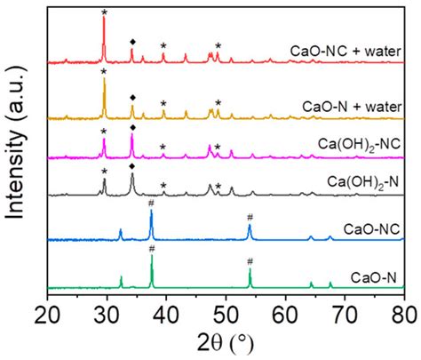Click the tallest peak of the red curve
point(105,20)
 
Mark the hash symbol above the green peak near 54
point(250,261)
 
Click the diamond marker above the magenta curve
point(132,118)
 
